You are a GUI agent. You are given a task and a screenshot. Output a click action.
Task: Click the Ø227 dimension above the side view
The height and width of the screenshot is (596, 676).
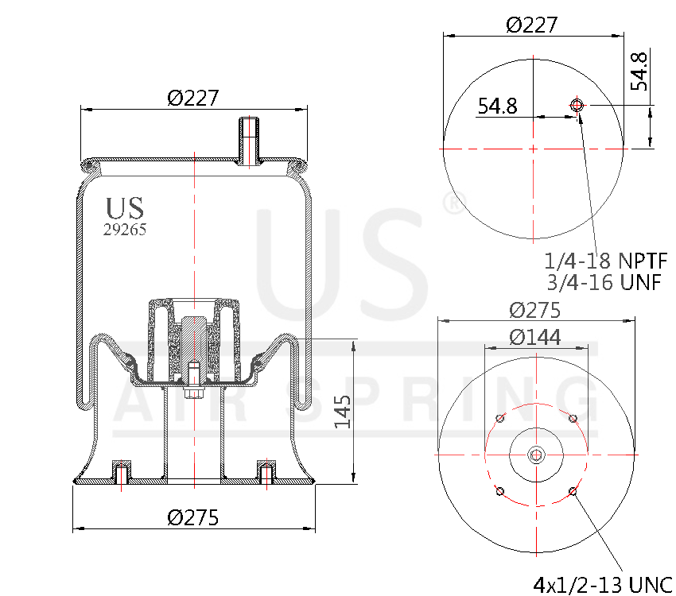tap(192, 98)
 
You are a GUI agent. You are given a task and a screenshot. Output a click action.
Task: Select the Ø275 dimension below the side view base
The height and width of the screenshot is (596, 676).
tap(192, 517)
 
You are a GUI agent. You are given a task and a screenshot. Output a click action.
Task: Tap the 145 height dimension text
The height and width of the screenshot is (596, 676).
tap(343, 412)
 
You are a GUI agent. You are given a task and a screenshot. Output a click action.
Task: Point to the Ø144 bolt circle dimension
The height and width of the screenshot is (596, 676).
tap(534, 337)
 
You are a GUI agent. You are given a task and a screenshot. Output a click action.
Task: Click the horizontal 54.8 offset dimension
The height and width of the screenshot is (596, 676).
tap(497, 106)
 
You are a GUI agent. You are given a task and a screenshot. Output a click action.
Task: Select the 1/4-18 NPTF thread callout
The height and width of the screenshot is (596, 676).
tap(605, 261)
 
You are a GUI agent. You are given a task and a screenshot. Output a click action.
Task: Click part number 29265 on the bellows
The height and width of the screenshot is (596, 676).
tap(125, 230)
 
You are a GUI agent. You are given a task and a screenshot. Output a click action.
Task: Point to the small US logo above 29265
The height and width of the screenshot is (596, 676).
tap(125, 208)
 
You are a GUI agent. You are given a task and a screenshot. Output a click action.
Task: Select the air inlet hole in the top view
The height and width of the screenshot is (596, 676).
tap(577, 105)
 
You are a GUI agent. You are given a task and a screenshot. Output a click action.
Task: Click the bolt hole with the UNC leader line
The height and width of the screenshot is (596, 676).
tap(573, 492)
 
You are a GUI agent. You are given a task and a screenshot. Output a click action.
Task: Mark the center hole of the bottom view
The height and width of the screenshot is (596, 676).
tap(536, 455)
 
